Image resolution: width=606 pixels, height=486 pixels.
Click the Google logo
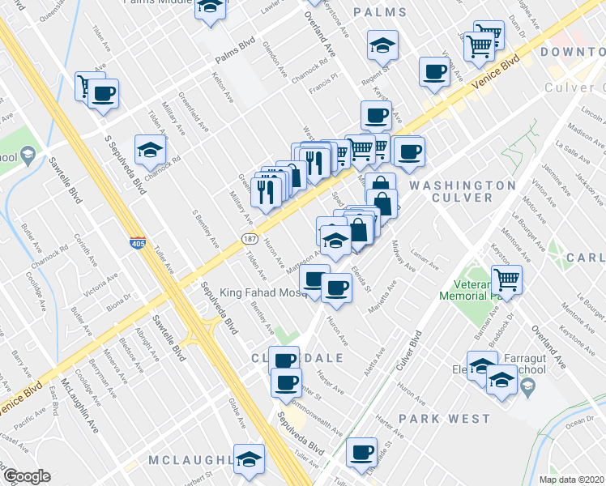point(26,476)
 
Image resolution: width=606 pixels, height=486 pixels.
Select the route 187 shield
point(248,237)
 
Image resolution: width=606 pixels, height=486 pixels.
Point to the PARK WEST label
point(444,419)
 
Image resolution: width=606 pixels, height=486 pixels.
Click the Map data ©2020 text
point(571,480)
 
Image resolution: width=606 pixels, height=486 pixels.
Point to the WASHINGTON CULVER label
point(462,191)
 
